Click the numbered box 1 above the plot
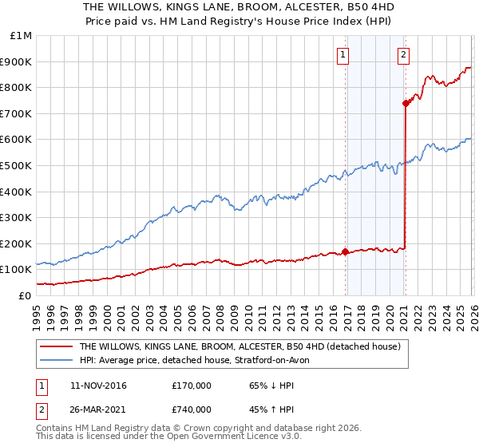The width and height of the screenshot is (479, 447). pyautogui.click(x=342, y=55)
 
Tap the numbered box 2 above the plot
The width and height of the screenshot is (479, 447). pyautogui.click(x=403, y=55)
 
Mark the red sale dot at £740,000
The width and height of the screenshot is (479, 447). pyautogui.click(x=406, y=103)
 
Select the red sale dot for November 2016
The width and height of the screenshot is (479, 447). pyautogui.click(x=345, y=251)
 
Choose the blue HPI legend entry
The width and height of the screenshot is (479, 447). pyautogui.click(x=200, y=361)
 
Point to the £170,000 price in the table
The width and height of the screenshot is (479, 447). pyautogui.click(x=192, y=386)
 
